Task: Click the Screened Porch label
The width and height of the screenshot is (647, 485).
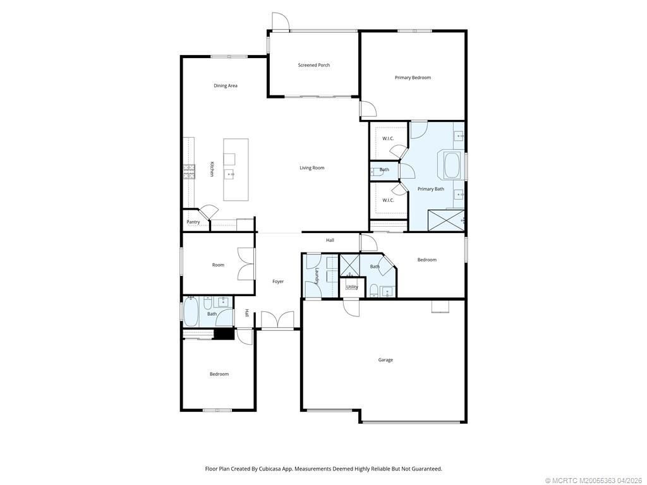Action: pyautogui.click(x=314, y=65)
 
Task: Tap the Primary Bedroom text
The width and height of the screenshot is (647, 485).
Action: pyautogui.click(x=413, y=78)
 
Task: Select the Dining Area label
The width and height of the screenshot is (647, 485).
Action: pyautogui.click(x=226, y=86)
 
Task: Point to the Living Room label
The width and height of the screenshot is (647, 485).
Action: pyautogui.click(x=312, y=168)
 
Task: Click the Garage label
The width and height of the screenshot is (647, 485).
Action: pyautogui.click(x=385, y=360)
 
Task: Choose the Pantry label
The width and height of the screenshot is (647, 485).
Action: pyautogui.click(x=193, y=222)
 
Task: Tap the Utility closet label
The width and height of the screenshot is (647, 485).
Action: pyautogui.click(x=352, y=287)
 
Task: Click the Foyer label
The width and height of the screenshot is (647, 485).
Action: pyautogui.click(x=278, y=282)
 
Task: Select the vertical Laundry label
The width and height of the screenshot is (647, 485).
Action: pyautogui.click(x=317, y=276)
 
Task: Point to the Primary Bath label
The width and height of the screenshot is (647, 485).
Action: pyautogui.click(x=431, y=189)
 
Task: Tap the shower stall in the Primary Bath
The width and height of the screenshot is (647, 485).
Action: pyautogui.click(x=446, y=220)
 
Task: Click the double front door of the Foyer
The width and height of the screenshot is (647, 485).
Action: pyautogui.click(x=278, y=321)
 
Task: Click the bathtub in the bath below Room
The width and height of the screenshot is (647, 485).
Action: pyautogui.click(x=191, y=312)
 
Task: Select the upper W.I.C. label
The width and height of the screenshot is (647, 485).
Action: pyautogui.click(x=388, y=138)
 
